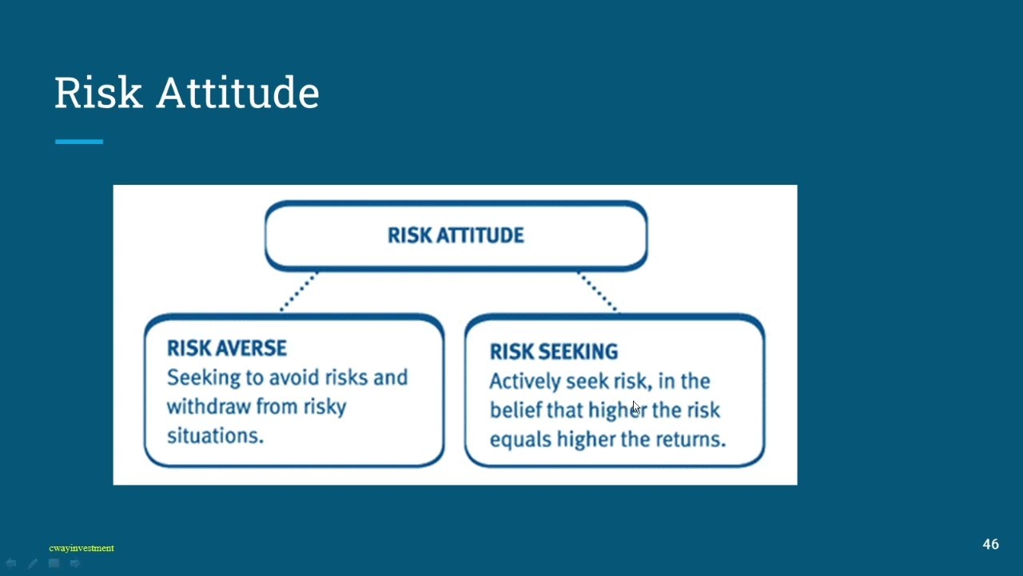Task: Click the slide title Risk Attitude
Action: point(187,93)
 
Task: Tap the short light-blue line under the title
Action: point(79,142)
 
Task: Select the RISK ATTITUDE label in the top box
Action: point(456,235)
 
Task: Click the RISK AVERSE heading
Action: point(226,348)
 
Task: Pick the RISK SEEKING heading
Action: point(554,351)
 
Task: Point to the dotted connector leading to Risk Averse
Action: point(299,292)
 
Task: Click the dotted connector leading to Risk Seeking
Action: point(598,292)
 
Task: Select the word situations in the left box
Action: point(215,436)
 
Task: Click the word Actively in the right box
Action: point(525,382)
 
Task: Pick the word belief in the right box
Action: point(515,410)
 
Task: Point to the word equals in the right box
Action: point(519,440)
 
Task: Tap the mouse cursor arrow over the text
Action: point(636,407)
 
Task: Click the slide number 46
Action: point(990,544)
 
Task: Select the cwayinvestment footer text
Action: point(82,548)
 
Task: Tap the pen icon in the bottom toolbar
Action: point(33,563)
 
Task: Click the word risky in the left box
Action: point(324,407)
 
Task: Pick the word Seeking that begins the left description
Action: point(203,378)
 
